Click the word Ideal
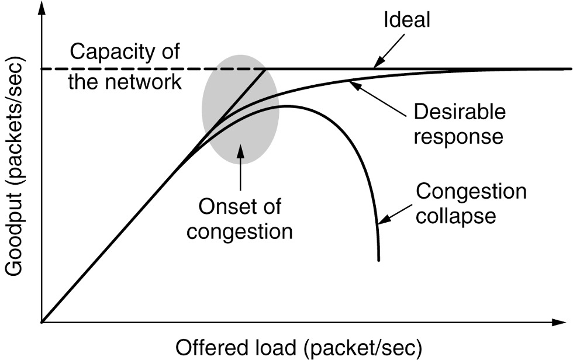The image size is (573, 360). coord(407,21)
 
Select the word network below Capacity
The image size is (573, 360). coord(150,81)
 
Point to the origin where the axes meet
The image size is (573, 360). coord(42,321)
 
